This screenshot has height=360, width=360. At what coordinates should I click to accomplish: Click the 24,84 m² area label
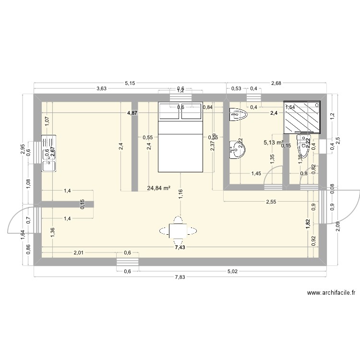coord(159,188)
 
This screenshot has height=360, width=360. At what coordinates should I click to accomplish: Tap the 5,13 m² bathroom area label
coord(274,142)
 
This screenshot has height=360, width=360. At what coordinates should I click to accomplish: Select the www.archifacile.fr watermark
coord(331,292)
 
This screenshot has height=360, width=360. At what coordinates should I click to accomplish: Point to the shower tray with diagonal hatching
coord(302,116)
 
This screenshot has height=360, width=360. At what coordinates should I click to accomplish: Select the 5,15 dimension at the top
coord(130,84)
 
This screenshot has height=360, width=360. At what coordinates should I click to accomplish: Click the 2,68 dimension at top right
coord(276,84)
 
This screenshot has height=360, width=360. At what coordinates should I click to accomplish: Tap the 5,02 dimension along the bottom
coord(232,272)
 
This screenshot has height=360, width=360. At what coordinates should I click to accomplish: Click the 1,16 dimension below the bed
coord(180,194)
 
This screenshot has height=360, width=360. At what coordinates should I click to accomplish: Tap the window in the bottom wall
coord(128,262)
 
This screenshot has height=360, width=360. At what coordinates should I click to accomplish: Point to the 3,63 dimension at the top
coord(101,88)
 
